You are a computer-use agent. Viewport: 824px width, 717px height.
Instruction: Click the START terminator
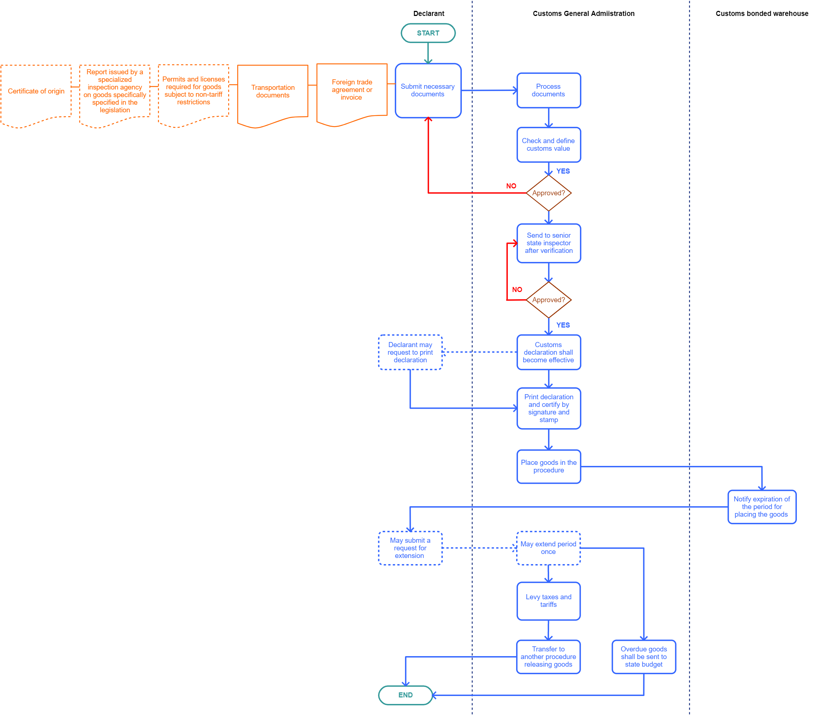pos(428,33)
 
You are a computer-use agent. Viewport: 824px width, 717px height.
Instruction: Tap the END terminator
pos(405,695)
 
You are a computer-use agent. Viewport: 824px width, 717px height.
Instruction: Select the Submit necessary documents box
pos(428,91)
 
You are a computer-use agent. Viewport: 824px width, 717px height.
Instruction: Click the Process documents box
pos(548,91)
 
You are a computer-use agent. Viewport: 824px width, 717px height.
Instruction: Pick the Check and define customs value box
pos(548,145)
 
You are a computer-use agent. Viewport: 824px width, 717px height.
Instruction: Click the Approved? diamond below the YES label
pos(548,193)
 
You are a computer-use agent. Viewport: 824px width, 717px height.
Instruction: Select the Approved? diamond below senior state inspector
pos(548,300)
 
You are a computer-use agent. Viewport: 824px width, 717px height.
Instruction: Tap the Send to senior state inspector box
pos(548,243)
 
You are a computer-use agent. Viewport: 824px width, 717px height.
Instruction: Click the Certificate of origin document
pos(36,91)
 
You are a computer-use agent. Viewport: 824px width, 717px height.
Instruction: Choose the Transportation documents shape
pos(273,91)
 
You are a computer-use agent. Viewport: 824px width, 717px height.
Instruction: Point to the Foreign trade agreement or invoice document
pos(352,90)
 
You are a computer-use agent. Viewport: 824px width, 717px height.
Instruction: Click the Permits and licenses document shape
pos(194,91)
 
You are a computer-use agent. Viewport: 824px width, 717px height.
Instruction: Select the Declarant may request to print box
pos(410,352)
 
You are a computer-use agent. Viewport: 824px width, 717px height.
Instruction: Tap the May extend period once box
pos(548,548)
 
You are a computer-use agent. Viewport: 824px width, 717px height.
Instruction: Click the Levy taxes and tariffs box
pos(548,601)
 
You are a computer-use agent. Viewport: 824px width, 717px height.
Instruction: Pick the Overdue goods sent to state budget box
pos(644,656)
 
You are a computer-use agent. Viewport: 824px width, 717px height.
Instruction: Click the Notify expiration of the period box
pos(762,507)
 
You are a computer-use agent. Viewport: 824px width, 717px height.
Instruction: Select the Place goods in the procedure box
pos(548,467)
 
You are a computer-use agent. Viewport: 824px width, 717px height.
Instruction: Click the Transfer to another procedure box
pos(548,656)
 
